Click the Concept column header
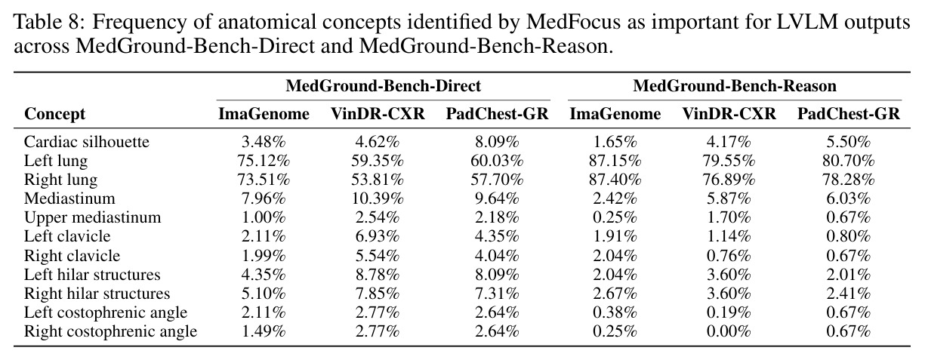point(54,114)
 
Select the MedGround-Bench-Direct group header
point(384,86)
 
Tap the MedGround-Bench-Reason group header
point(735,86)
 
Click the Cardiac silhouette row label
point(86,142)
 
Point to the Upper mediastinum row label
point(92,217)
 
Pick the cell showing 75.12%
point(264,161)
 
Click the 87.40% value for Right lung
point(615,180)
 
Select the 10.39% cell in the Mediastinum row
point(378,198)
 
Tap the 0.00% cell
point(729,331)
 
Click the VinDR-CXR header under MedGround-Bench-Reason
point(729,114)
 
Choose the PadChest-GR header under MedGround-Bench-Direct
point(497,114)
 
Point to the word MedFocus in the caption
point(573,22)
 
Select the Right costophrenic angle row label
point(110,331)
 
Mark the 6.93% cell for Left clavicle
point(378,236)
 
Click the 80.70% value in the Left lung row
point(848,161)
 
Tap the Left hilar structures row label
point(92,275)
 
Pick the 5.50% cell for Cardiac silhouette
point(848,142)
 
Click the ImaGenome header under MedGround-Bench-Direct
point(264,114)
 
